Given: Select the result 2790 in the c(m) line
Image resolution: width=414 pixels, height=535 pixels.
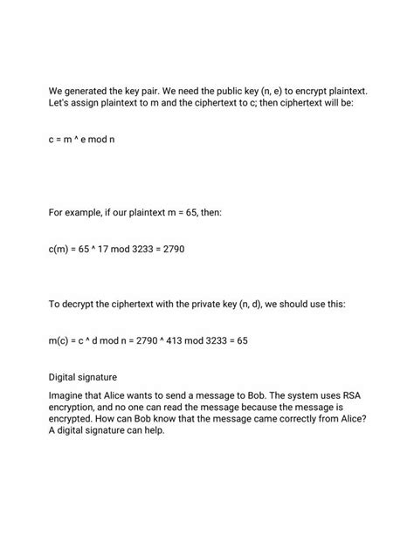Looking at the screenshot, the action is pos(171,250).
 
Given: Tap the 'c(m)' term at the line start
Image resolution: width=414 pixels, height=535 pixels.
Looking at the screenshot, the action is pos(60,250).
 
